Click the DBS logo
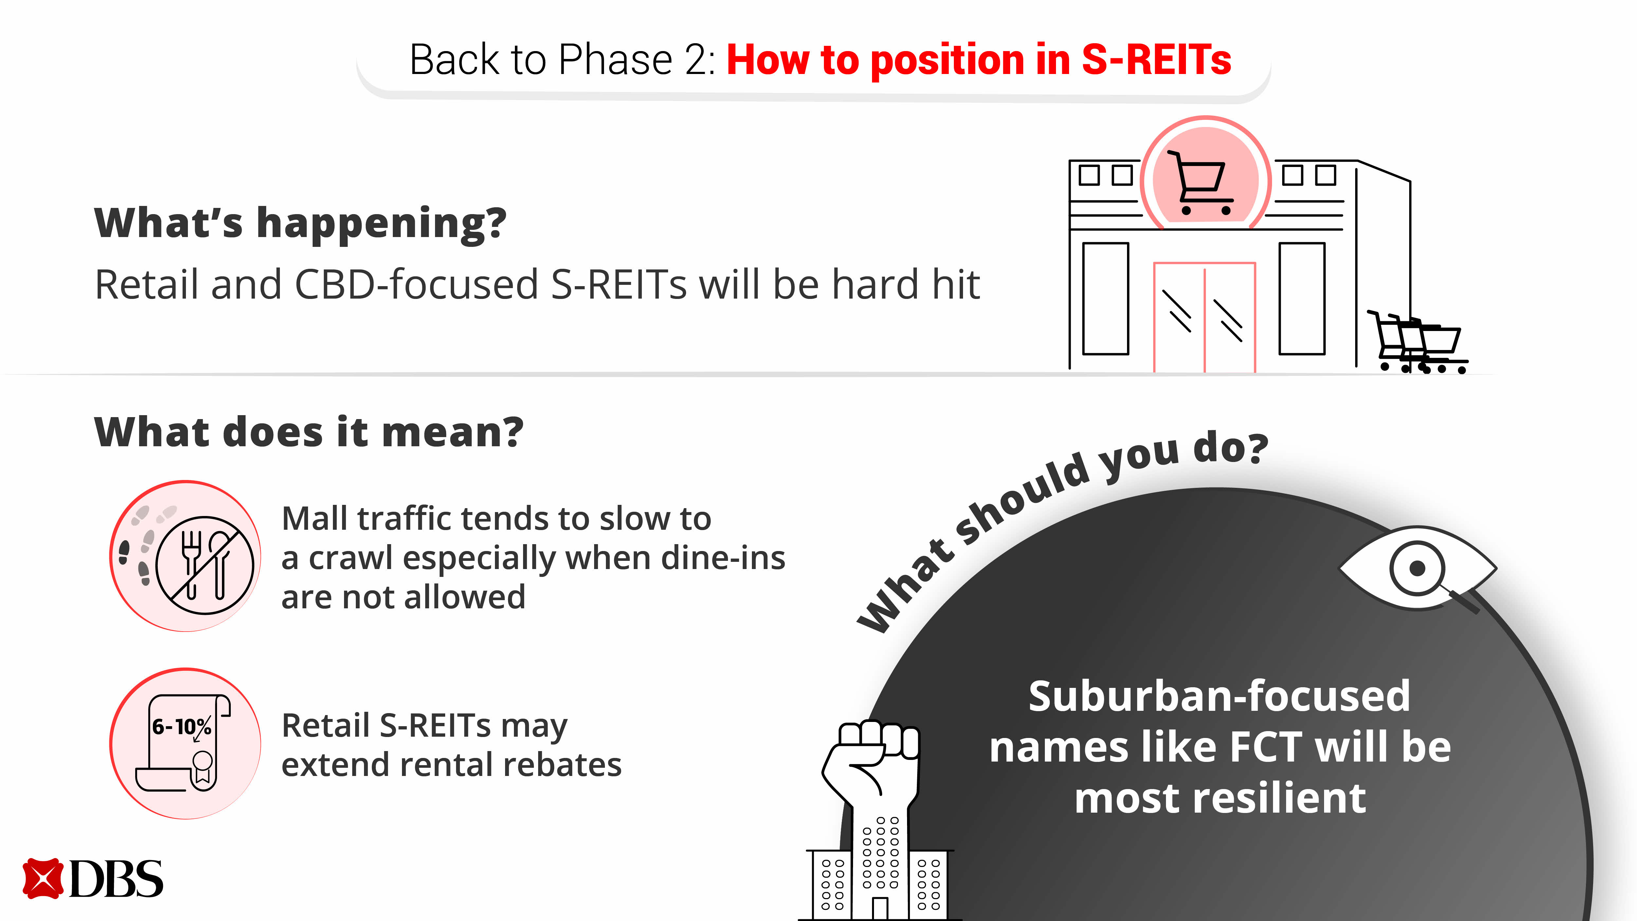[x=93, y=879]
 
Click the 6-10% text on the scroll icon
[x=182, y=727]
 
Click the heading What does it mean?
[x=309, y=432]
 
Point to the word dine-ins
[x=723, y=558]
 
